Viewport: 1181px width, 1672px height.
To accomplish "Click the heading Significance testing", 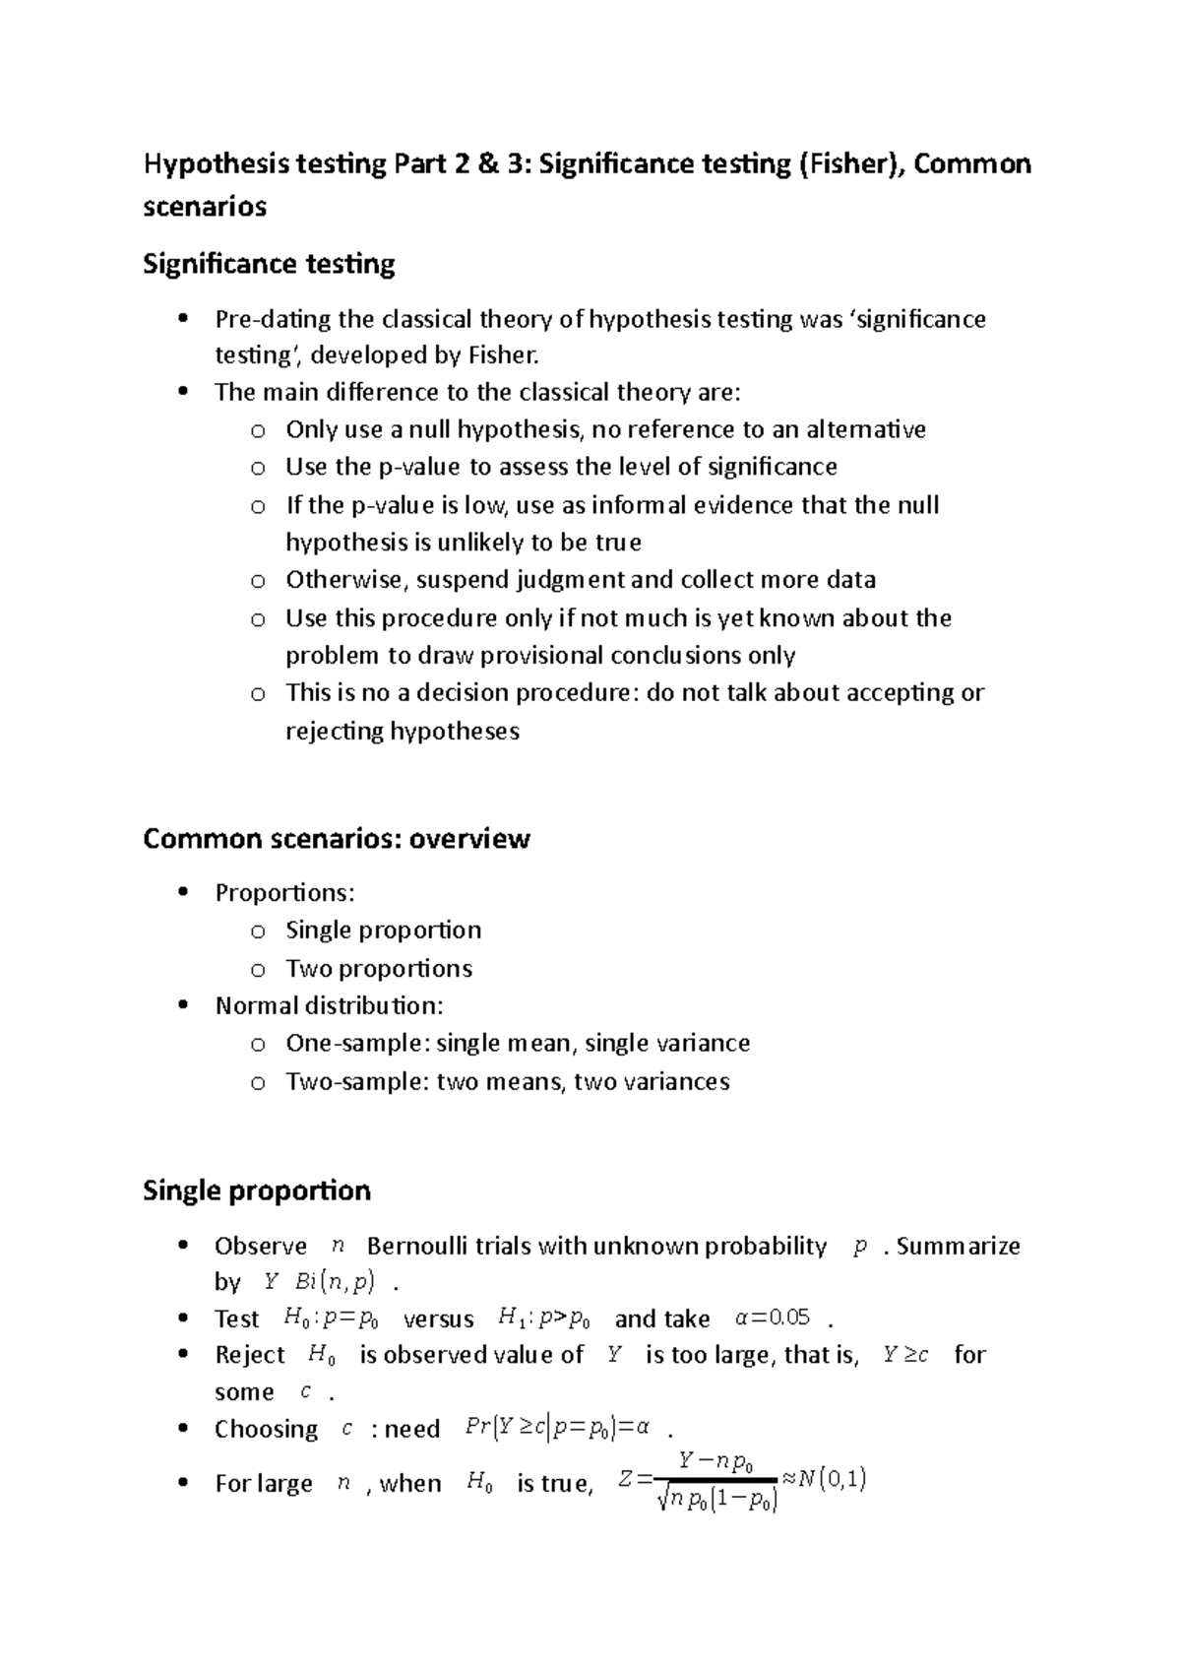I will pos(269,264).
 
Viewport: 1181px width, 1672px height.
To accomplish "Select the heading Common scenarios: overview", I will pos(337,839).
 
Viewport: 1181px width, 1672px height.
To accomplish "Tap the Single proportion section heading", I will pos(257,1190).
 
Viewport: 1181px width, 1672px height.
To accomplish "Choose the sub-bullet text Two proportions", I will pos(379,969).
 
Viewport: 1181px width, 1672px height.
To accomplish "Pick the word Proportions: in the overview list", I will pos(284,893).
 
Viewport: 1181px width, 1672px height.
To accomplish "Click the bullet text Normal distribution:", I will pos(330,1006).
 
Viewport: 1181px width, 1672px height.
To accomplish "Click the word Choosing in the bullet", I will pos(266,1430).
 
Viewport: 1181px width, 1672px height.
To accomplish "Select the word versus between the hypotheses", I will pos(439,1319).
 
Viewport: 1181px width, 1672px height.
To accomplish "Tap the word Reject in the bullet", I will pos(250,1356).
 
